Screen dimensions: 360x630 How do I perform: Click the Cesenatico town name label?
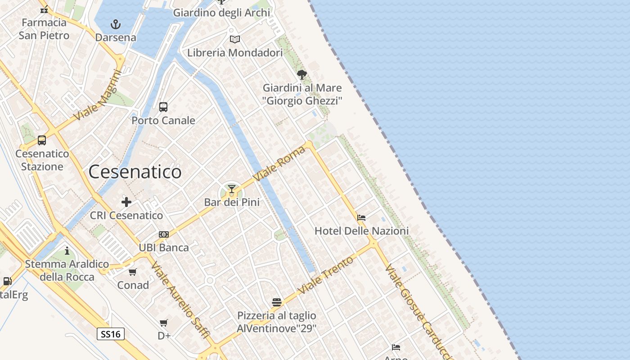135,172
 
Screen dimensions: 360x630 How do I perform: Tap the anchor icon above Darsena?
116,24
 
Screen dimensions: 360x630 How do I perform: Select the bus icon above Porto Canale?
163,107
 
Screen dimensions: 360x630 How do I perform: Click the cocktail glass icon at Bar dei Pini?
232,189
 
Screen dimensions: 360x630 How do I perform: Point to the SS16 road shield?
111,334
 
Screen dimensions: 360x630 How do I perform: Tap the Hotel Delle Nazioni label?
361,231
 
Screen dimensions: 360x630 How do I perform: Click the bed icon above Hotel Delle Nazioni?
361,218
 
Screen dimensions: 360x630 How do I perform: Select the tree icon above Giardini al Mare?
302,75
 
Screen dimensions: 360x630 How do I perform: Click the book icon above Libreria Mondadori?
234,40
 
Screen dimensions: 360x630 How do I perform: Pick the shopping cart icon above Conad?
133,272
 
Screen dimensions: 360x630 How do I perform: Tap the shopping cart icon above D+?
164,323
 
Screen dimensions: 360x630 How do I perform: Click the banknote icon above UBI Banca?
164,234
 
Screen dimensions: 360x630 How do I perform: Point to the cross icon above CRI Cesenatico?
126,202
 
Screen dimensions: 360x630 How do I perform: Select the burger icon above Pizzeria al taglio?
276,302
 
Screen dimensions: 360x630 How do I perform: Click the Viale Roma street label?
279,163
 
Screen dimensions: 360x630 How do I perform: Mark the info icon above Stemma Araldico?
67,251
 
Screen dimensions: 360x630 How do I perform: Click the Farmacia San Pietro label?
44,29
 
